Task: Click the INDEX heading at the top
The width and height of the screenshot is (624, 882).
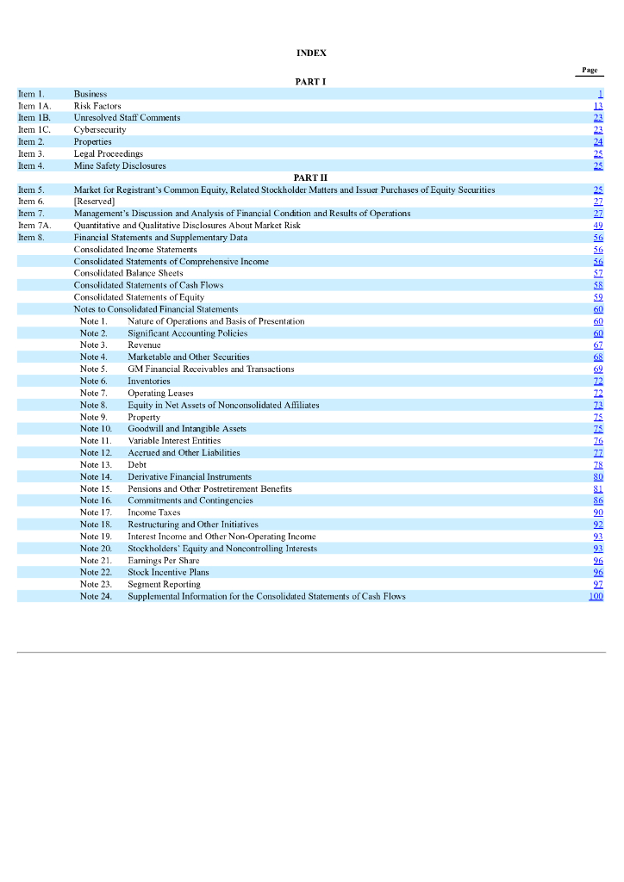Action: pyautogui.click(x=311, y=53)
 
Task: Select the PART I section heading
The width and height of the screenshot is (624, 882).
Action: pyautogui.click(x=311, y=82)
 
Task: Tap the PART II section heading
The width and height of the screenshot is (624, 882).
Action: pyautogui.click(x=311, y=177)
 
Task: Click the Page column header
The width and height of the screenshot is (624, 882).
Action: pyautogui.click(x=590, y=70)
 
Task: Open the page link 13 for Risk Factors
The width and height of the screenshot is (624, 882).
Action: pyautogui.click(x=598, y=106)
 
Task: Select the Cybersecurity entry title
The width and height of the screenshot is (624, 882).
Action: pyautogui.click(x=100, y=130)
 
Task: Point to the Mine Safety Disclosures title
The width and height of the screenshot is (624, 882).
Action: pyautogui.click(x=120, y=166)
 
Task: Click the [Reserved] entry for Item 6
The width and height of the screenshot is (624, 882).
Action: pyautogui.click(x=94, y=202)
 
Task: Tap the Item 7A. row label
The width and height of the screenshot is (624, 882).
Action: pyautogui.click(x=34, y=226)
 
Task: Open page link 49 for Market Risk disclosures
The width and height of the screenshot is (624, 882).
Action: pyautogui.click(x=598, y=226)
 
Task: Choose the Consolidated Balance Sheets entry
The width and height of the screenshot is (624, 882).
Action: pyautogui.click(x=128, y=273)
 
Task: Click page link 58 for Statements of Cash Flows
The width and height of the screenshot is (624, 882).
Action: pyautogui.click(x=598, y=285)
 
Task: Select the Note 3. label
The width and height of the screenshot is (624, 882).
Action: pyautogui.click(x=94, y=345)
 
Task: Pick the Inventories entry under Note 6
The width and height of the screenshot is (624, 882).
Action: pyautogui.click(x=149, y=381)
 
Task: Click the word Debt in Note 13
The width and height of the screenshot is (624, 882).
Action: pyautogui.click(x=137, y=464)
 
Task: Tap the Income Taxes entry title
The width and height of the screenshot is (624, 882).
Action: pyautogui.click(x=154, y=512)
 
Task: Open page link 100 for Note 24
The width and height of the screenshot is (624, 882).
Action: pyautogui.click(x=596, y=596)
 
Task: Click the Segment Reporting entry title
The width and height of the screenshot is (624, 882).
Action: pyautogui.click(x=164, y=584)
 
